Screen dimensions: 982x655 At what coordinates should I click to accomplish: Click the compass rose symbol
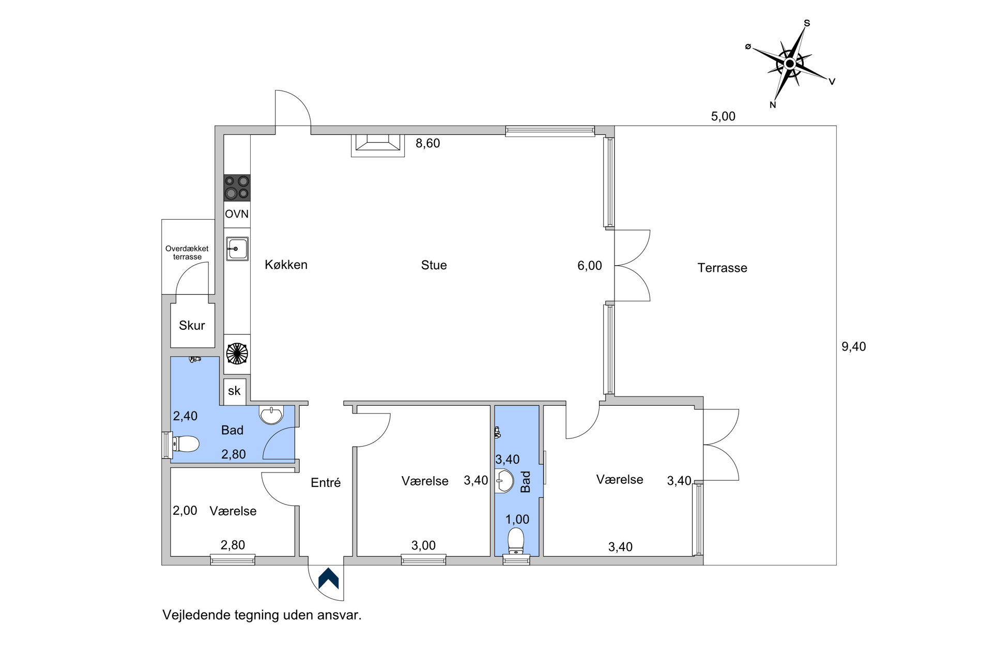coord(790,64)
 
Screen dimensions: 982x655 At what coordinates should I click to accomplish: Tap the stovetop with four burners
coord(237,188)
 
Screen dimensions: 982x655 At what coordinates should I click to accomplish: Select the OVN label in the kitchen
coord(237,214)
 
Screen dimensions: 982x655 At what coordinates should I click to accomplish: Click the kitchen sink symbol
coord(237,249)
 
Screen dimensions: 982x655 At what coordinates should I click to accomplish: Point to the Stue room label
coord(434,265)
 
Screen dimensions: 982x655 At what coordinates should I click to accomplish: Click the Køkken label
coord(286,265)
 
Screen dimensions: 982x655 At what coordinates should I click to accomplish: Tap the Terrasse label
coord(722,268)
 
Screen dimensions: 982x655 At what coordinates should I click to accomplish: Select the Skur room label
coord(192,325)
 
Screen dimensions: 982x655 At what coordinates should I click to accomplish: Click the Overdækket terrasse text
coord(187,253)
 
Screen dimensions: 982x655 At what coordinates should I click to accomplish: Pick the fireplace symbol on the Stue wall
coord(378,145)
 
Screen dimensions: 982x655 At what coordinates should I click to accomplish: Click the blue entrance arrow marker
coord(328,578)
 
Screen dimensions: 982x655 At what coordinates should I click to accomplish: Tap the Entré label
coord(326,483)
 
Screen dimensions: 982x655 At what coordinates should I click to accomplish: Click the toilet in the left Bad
coord(186,444)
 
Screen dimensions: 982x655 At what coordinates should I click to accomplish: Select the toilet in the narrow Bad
coord(516,541)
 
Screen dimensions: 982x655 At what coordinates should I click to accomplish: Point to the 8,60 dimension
coord(428,143)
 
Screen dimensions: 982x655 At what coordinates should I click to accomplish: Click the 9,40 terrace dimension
coord(854,346)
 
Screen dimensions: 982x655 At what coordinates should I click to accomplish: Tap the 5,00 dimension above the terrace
coord(723,116)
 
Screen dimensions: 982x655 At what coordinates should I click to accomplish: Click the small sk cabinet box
coord(235,391)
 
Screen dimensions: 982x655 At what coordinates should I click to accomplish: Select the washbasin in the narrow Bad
coord(504,481)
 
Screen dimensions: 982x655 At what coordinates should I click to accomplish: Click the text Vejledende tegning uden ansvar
coord(262,615)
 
